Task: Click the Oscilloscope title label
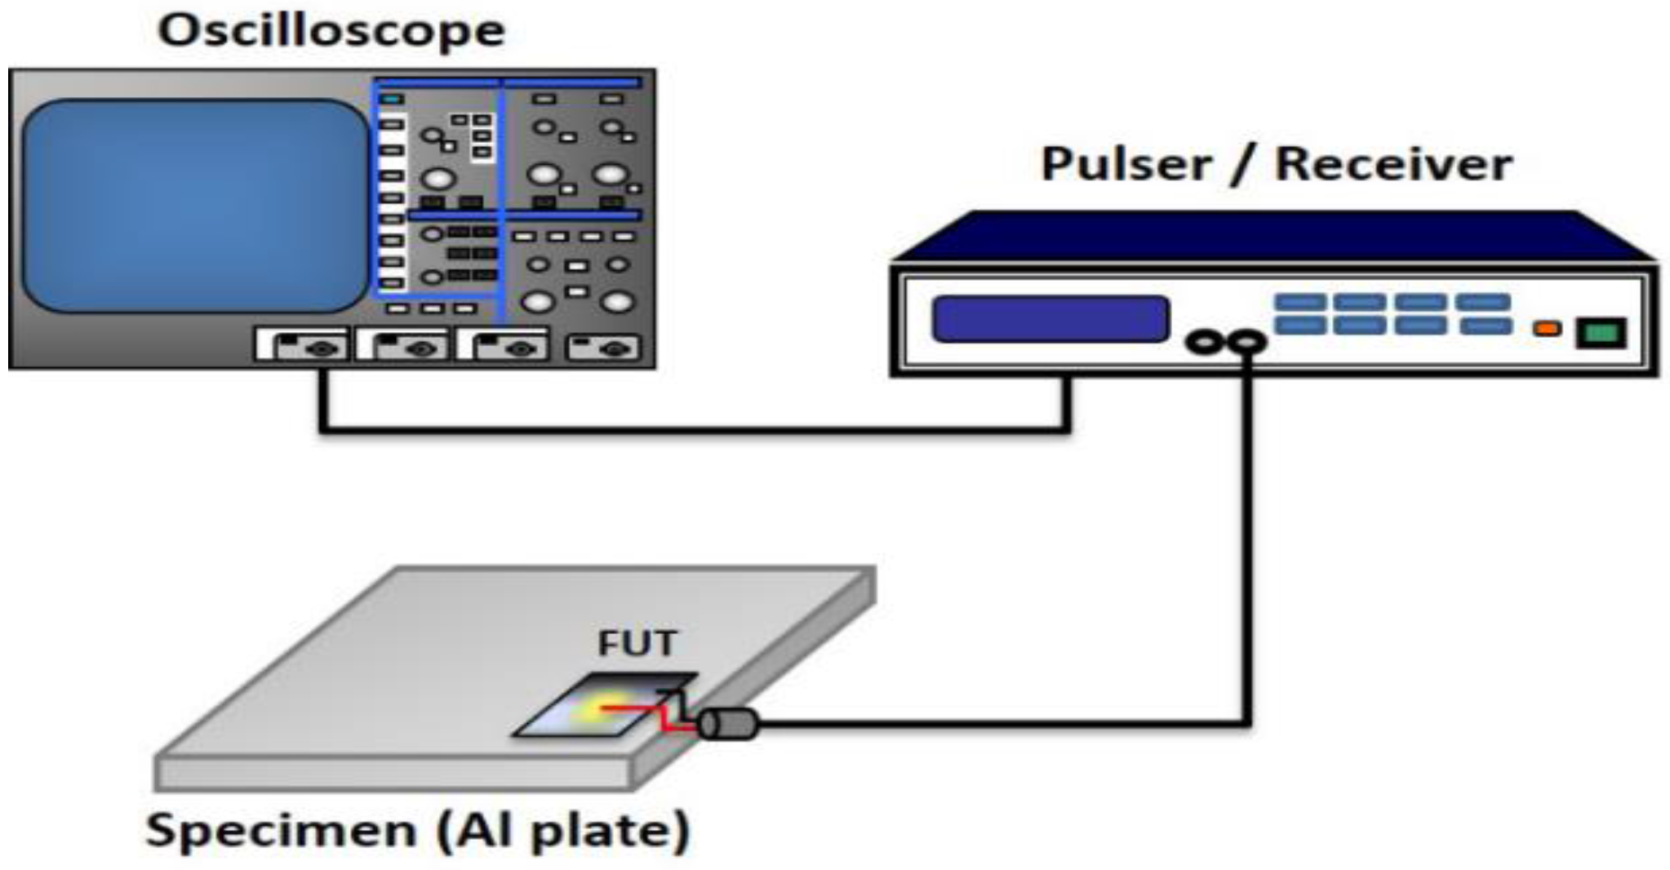(331, 31)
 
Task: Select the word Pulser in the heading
(1126, 165)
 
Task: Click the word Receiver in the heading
(1393, 165)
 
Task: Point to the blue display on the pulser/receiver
(1050, 318)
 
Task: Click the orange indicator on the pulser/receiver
(1546, 328)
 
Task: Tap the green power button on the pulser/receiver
(1601, 333)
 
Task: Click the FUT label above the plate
(637, 643)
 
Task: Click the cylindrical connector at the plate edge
(728, 724)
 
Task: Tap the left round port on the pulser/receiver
(1205, 342)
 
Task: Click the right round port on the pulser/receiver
(1246, 342)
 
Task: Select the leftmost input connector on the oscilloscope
(303, 346)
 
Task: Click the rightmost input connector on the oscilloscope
(603, 348)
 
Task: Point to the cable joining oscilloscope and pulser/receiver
(694, 428)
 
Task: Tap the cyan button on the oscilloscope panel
(393, 100)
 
